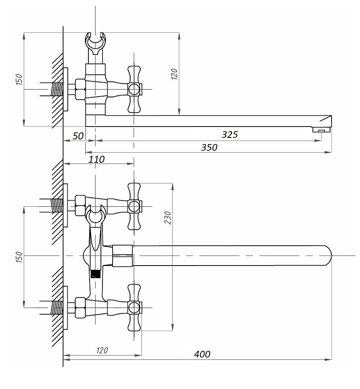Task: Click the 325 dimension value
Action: click(x=229, y=135)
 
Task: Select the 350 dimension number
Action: click(x=209, y=148)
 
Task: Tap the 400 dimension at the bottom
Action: click(x=202, y=354)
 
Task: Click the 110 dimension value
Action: click(x=97, y=159)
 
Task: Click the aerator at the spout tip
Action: click(x=321, y=130)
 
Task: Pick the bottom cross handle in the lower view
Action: click(x=134, y=308)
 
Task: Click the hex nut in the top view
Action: click(x=80, y=89)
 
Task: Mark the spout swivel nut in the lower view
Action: click(x=123, y=255)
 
